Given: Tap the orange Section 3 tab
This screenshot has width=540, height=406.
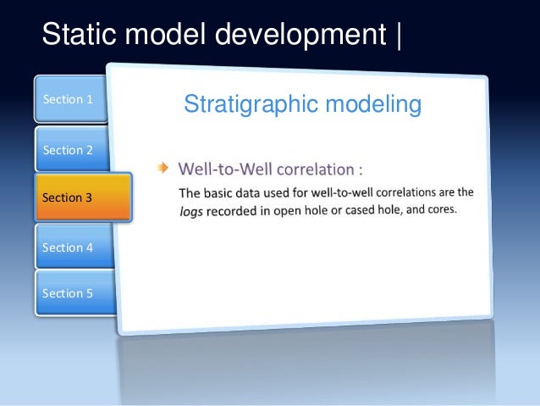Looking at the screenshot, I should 82,197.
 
